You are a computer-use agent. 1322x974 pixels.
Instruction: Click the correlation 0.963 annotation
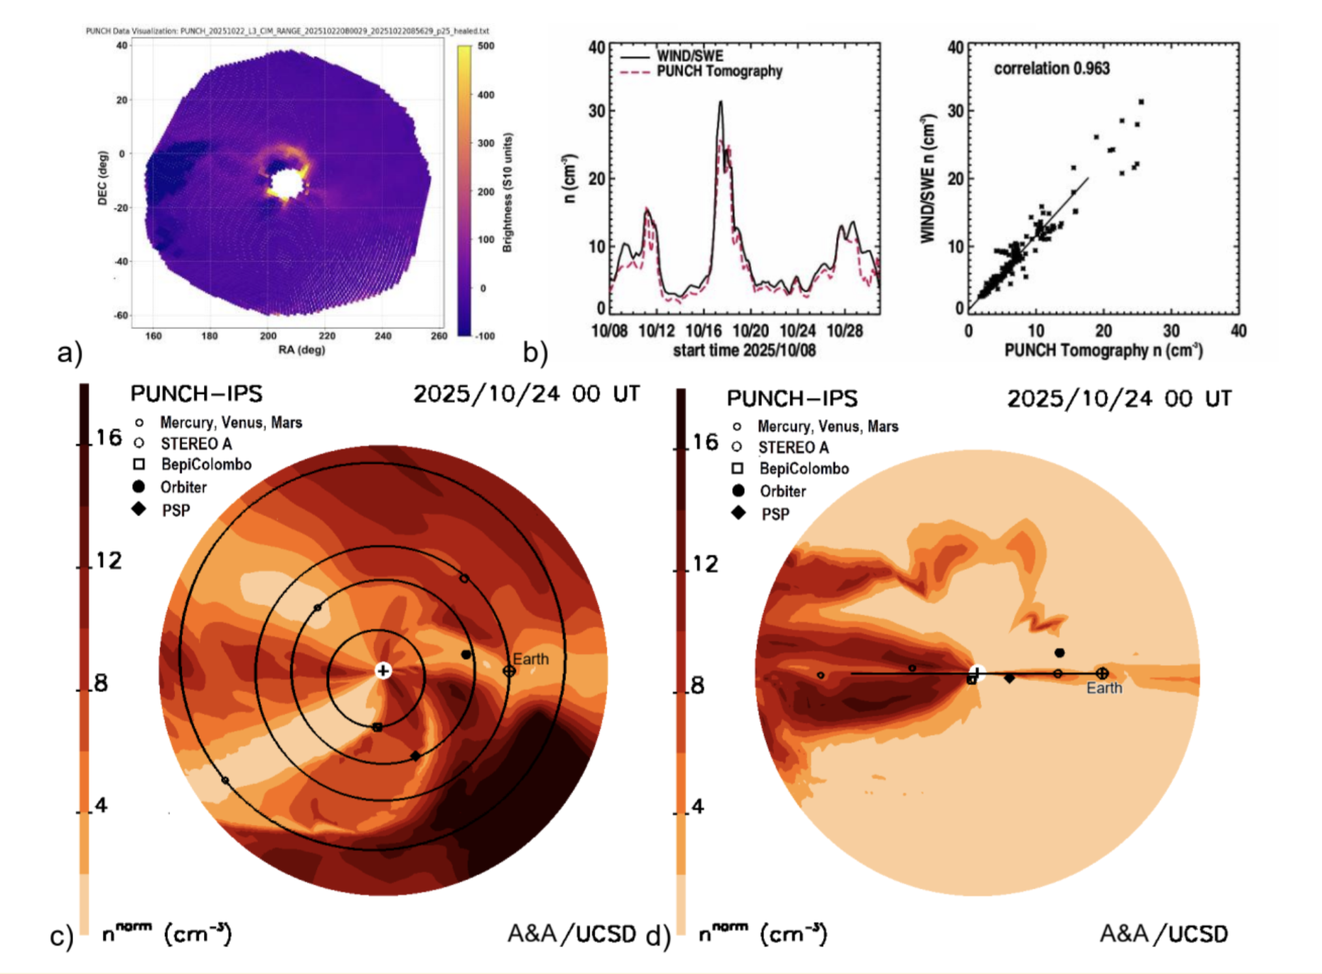click(1051, 69)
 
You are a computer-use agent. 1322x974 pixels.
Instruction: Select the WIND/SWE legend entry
click(690, 56)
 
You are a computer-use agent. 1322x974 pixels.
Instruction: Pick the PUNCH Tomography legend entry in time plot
click(719, 71)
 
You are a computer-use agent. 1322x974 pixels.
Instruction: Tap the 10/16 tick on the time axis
click(703, 331)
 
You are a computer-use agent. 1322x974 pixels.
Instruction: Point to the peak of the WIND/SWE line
click(720, 102)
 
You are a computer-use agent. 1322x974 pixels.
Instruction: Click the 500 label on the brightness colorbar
click(486, 46)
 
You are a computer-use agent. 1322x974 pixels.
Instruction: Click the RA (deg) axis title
click(301, 350)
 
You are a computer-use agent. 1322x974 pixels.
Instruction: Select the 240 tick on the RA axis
click(383, 336)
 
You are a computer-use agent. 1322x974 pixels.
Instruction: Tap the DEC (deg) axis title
click(103, 178)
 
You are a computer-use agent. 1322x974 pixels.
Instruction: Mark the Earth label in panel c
click(530, 659)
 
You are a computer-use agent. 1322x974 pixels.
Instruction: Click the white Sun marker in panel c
click(383, 671)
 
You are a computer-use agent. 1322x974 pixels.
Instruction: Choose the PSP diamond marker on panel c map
click(415, 756)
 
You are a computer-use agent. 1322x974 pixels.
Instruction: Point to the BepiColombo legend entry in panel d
click(804, 469)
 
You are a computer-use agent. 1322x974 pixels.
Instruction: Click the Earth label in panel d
click(1104, 688)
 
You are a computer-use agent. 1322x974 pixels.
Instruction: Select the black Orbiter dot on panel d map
click(1060, 652)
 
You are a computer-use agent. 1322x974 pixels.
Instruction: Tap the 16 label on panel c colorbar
click(109, 437)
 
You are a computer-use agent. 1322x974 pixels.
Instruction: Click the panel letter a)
click(69, 353)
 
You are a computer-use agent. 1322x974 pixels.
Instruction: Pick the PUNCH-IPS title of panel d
click(792, 398)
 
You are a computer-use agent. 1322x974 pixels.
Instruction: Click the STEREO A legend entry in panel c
click(196, 444)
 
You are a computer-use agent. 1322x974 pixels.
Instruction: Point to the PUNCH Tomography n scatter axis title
click(1103, 350)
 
